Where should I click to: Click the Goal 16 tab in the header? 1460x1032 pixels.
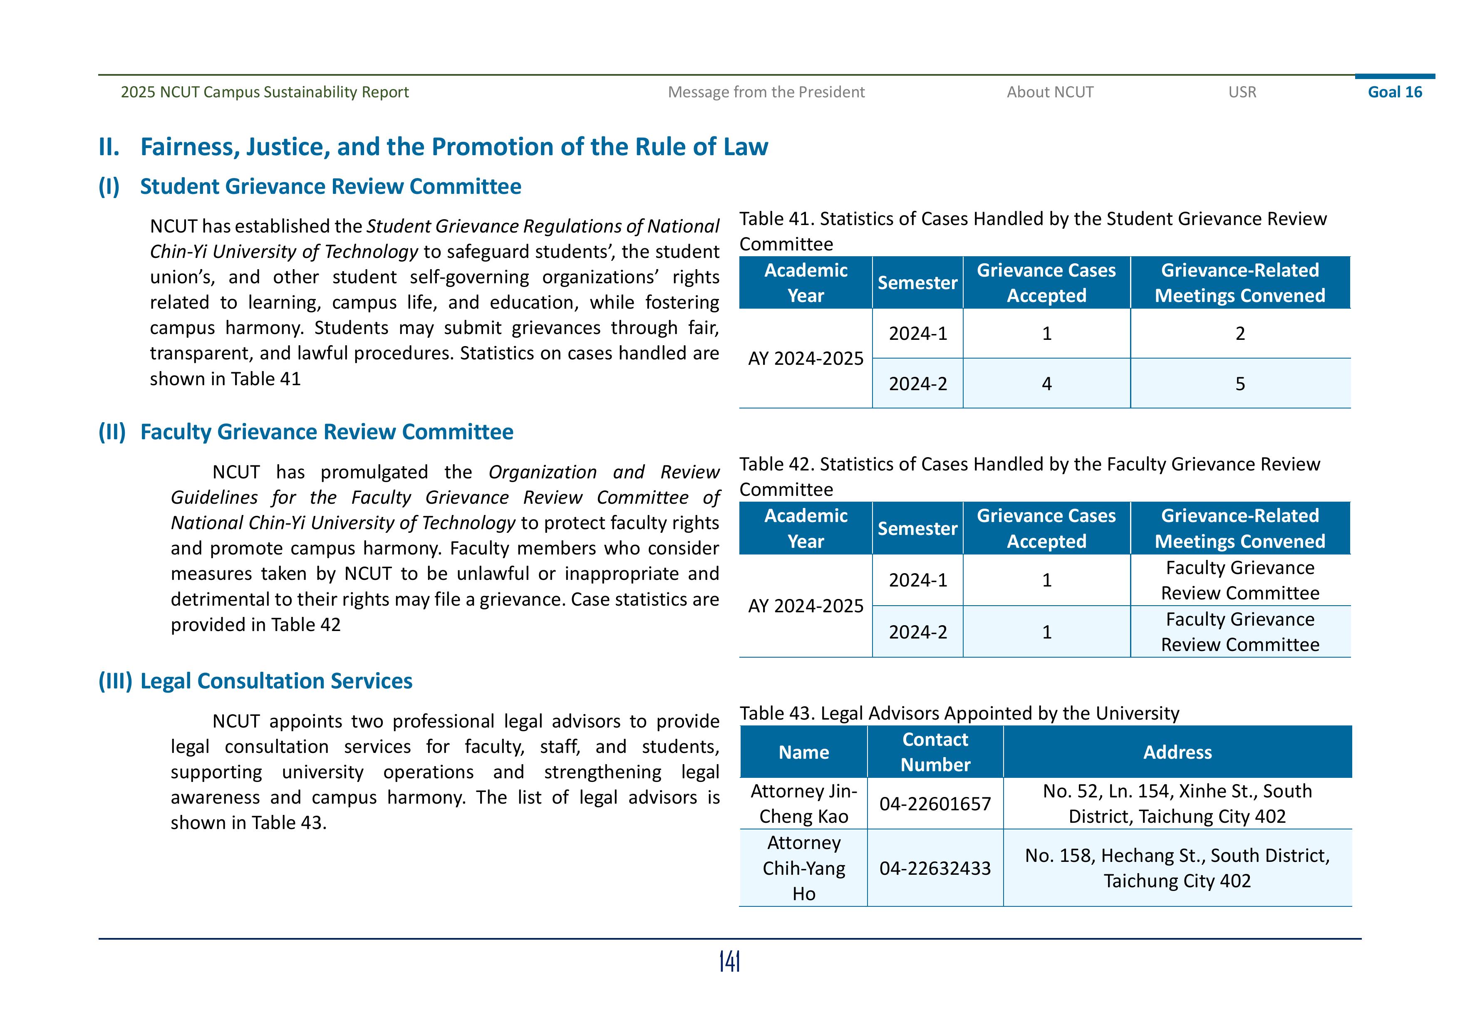pos(1395,92)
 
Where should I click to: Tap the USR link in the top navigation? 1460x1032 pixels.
pos(1242,92)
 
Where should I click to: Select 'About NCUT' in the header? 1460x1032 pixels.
pos(1050,92)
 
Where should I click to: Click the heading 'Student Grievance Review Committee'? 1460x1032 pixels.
pos(330,186)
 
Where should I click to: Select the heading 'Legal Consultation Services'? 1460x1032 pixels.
pos(276,681)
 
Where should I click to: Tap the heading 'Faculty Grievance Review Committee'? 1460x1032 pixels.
pos(326,432)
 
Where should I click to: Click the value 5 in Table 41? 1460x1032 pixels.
pos(1239,384)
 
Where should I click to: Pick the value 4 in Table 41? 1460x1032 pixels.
pos(1046,384)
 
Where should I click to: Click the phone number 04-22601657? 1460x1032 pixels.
pos(935,804)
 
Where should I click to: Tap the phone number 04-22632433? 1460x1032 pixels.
pos(935,868)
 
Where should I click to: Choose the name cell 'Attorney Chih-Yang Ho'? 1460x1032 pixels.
pos(804,868)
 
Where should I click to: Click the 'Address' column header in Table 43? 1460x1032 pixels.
pos(1177,752)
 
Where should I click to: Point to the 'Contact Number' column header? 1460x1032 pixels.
pos(935,752)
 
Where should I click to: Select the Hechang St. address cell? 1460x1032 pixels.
pos(1177,868)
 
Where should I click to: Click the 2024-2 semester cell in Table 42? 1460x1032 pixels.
pos(917,632)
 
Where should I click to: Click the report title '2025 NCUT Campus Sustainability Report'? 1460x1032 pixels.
pos(265,92)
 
